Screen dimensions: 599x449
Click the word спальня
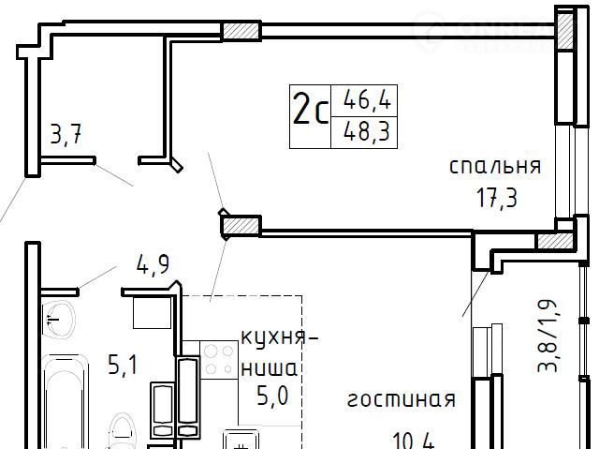(x=495, y=167)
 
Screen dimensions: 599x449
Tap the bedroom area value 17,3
(x=497, y=199)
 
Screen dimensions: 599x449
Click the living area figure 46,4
(x=367, y=99)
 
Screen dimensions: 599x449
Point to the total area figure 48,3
(x=367, y=131)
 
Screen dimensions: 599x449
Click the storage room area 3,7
(x=66, y=135)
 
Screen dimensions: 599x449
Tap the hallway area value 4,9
(x=153, y=264)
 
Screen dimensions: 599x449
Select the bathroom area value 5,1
(x=123, y=365)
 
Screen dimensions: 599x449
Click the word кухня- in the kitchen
(x=280, y=338)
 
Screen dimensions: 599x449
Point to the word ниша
(x=270, y=369)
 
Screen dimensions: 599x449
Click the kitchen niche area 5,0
(x=272, y=397)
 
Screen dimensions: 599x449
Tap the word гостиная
(x=402, y=400)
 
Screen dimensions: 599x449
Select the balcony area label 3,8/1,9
(x=548, y=336)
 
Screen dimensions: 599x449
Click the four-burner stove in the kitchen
(x=219, y=360)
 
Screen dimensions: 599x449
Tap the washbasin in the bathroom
(x=57, y=319)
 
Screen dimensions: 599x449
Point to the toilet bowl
(x=122, y=431)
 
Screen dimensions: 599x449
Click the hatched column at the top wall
(x=241, y=31)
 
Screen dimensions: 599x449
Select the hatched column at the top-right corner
(x=565, y=30)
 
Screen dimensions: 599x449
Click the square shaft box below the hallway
(x=152, y=313)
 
